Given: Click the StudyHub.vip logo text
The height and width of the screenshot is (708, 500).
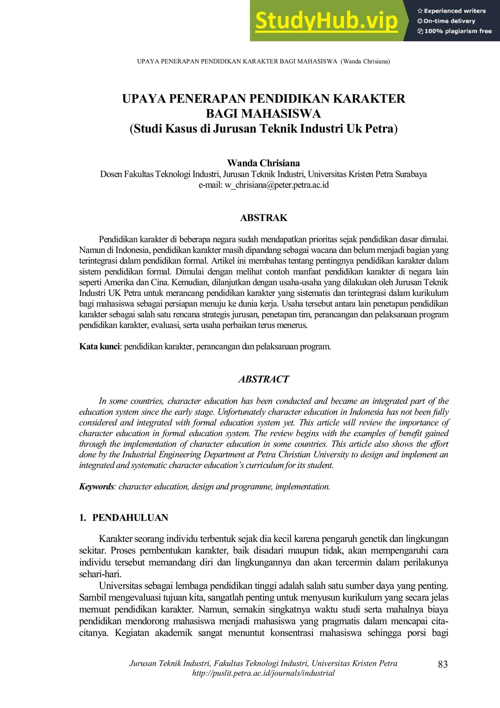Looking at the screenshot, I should (327, 21).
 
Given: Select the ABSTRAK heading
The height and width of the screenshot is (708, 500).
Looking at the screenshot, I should (263, 218).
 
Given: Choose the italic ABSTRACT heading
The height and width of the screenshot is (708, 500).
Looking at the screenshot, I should (263, 379).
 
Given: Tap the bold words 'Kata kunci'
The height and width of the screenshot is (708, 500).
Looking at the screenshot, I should (99, 346).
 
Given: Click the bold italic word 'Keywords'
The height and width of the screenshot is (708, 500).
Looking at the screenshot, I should (96, 486).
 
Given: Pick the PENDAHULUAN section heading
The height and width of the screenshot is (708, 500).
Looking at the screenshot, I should (130, 517).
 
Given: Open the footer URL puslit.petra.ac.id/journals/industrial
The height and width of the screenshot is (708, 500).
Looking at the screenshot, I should (263, 673).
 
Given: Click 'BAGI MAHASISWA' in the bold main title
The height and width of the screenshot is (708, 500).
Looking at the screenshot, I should (263, 114).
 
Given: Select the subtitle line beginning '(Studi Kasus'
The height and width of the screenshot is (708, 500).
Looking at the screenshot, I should (263, 129).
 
